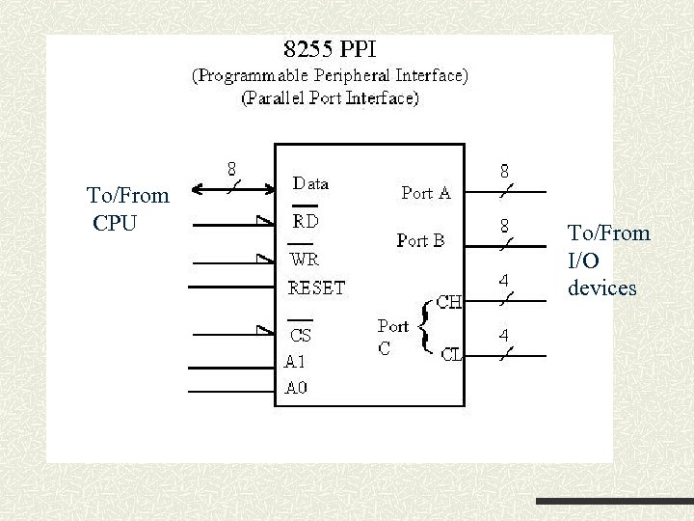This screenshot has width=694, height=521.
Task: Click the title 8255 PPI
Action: click(329, 49)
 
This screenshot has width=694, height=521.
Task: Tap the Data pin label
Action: click(310, 182)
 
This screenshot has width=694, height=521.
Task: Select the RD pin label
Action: click(306, 221)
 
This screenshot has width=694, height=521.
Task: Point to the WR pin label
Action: click(305, 260)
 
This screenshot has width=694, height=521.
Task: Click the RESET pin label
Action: click(317, 287)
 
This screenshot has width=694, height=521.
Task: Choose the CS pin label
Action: click(302, 336)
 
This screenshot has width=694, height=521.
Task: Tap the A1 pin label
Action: click(297, 363)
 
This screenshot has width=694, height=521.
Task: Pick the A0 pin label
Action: click(297, 389)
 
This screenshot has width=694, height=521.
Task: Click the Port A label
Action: click(425, 193)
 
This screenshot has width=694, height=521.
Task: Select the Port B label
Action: click(420, 241)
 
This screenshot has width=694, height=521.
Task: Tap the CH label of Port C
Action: click(448, 302)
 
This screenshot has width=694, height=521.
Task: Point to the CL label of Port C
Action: click(451, 354)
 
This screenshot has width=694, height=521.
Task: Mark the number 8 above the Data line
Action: click(232, 167)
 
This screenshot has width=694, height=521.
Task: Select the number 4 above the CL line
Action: click(504, 336)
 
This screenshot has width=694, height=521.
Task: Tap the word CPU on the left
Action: click(116, 224)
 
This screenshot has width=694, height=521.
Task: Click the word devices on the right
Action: click(602, 288)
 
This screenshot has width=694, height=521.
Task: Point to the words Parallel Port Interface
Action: click(330, 97)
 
